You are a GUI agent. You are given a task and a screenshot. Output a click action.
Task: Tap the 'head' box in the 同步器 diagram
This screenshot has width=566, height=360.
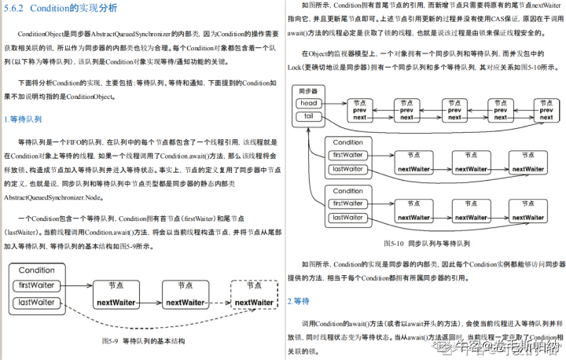pyautogui.click(x=309, y=103)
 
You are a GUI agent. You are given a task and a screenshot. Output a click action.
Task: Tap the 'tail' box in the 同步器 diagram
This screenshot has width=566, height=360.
pyautogui.click(x=309, y=116)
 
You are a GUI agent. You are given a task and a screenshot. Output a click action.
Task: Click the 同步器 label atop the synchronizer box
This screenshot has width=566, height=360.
pyautogui.click(x=309, y=91)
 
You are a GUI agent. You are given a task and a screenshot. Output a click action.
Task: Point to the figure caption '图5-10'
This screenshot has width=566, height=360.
pyautogui.click(x=397, y=244)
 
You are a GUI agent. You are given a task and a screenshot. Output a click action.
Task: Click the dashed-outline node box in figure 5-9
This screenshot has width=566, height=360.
pyautogui.click(x=253, y=295)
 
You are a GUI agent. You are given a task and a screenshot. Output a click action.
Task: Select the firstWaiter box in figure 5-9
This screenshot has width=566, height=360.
pyautogui.click(x=36, y=285)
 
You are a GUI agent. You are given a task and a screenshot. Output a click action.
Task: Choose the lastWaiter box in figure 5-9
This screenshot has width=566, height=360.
pyautogui.click(x=36, y=303)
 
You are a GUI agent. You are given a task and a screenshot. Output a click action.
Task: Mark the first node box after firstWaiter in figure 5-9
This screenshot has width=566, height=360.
pyautogui.click(x=116, y=295)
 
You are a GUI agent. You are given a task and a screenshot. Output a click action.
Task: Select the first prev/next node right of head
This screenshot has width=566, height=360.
pyautogui.click(x=359, y=109)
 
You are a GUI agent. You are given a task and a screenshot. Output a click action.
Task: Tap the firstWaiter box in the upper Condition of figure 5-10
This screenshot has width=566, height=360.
pyautogui.click(x=347, y=154)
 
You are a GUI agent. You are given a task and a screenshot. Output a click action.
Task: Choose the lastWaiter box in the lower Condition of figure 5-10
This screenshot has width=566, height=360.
pyautogui.click(x=347, y=216)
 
